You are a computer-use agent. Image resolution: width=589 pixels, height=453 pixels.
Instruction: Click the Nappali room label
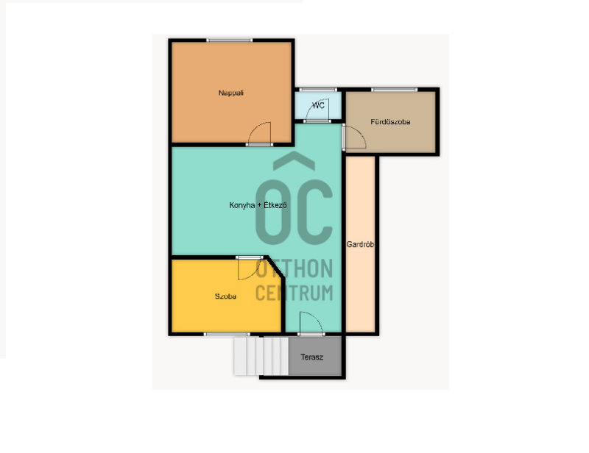pos(231,93)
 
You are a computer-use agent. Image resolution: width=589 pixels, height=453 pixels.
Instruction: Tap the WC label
pos(318,105)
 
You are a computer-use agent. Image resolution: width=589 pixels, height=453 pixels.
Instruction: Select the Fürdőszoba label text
pos(390,121)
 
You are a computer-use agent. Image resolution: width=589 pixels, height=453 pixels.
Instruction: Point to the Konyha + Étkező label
pos(258,205)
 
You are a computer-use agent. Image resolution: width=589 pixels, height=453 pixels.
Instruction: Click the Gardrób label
pos(360,244)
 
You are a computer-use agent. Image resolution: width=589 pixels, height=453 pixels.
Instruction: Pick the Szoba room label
pos(225,296)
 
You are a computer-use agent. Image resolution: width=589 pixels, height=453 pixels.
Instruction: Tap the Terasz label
pos(311,357)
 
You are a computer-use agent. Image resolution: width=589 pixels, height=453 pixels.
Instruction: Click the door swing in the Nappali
pos(259,134)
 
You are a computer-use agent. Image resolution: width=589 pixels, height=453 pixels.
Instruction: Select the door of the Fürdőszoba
pos(353,137)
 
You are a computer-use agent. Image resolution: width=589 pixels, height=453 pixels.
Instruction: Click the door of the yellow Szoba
pos(250,268)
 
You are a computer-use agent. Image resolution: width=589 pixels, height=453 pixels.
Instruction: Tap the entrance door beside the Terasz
pos(311,323)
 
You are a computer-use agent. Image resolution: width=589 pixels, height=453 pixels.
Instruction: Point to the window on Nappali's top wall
pos(229,40)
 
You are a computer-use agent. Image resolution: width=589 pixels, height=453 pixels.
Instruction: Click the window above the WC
pos(318,89)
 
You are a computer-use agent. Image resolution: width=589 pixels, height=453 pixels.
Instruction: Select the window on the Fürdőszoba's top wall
pos(394,89)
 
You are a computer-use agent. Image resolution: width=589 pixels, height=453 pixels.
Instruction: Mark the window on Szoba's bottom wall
pos(227,334)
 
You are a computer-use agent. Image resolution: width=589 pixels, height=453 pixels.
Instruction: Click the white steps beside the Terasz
pos(261,356)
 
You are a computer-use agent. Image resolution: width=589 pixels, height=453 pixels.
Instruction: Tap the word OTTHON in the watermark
pos(294,268)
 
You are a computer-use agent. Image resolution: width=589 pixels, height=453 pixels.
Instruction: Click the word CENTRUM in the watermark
pos(294,293)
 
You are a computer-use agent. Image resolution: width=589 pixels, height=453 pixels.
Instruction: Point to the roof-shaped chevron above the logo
pos(294,160)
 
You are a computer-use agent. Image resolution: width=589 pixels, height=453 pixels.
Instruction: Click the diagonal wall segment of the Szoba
pos(275,267)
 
